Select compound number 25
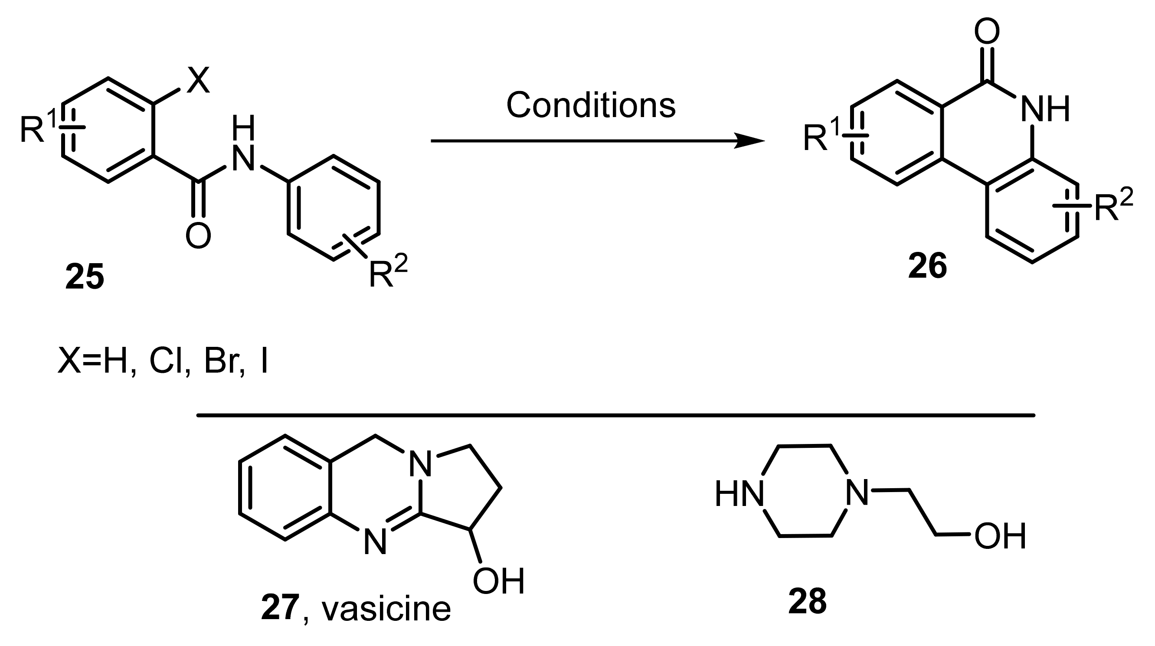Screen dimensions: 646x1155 (85, 277)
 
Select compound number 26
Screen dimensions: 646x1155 (927, 266)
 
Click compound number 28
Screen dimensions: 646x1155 (808, 602)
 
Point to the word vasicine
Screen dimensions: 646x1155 (386, 609)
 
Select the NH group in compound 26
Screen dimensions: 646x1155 (1045, 109)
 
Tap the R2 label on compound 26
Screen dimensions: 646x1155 (1113, 206)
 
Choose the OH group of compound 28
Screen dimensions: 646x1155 (1000, 536)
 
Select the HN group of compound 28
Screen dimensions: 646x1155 (739, 494)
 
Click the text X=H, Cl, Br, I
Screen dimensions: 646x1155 (163, 360)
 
